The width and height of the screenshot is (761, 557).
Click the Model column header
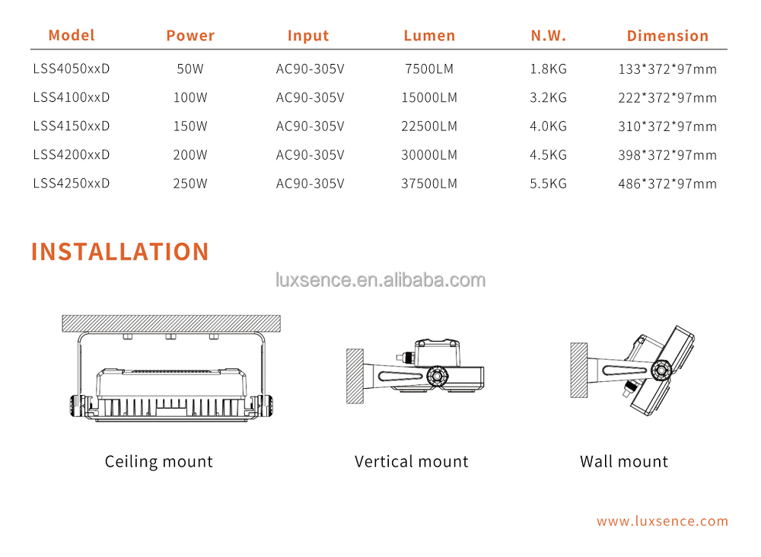pos(72,35)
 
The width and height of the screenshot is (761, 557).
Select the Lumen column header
pos(429,35)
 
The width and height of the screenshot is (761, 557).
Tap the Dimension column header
pos(667,35)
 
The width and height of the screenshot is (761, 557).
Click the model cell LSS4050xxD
pos(72,68)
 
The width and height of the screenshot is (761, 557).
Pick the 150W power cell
pos(190,126)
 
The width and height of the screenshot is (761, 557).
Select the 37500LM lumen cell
pos(429,183)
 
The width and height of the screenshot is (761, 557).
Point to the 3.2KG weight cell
pos(548,97)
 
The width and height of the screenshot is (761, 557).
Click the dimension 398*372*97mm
pos(667,155)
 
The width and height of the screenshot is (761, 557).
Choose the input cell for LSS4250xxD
pos(310,183)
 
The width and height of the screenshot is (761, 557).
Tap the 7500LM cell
pos(429,68)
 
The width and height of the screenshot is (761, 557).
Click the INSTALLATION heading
pos(119,252)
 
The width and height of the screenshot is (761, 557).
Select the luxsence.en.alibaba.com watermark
pos(380,280)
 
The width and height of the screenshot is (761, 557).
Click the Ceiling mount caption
pos(158,461)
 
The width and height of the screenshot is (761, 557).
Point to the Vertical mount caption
pos(411,461)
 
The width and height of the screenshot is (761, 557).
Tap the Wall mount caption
pos(623,461)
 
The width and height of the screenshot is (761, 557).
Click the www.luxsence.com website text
pos(662,521)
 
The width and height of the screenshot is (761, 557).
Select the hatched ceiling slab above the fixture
pos(170,323)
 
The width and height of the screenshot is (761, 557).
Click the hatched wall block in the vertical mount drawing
pos(355,376)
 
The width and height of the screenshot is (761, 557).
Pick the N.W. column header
pos(548,35)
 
